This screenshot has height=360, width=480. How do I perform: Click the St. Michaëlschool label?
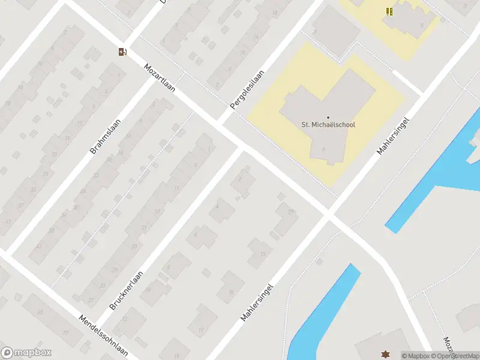tap(328, 125)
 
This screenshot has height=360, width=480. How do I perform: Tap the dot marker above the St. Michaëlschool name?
tap(328, 118)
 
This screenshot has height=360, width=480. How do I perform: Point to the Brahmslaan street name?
tap(105, 136)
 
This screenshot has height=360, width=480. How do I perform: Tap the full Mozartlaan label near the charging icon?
tap(159, 77)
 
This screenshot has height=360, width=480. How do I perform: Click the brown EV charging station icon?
tap(122, 52)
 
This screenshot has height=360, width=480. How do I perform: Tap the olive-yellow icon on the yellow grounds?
tap(389, 11)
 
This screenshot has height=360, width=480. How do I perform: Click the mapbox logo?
tap(25, 353)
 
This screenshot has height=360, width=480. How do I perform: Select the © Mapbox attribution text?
tap(415, 356)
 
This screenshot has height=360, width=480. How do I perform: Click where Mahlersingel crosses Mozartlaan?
tap(329, 215)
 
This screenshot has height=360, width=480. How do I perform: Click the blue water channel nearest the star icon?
tap(324, 312)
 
